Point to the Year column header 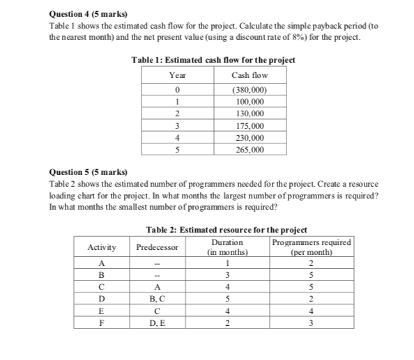[x=178, y=75]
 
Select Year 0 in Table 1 [x=178, y=89]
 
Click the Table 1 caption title [x=213, y=61]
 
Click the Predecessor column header [x=158, y=247]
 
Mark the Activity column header [x=102, y=247]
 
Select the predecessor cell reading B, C [x=158, y=299]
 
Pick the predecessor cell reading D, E [x=158, y=322]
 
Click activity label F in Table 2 [x=102, y=322]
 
